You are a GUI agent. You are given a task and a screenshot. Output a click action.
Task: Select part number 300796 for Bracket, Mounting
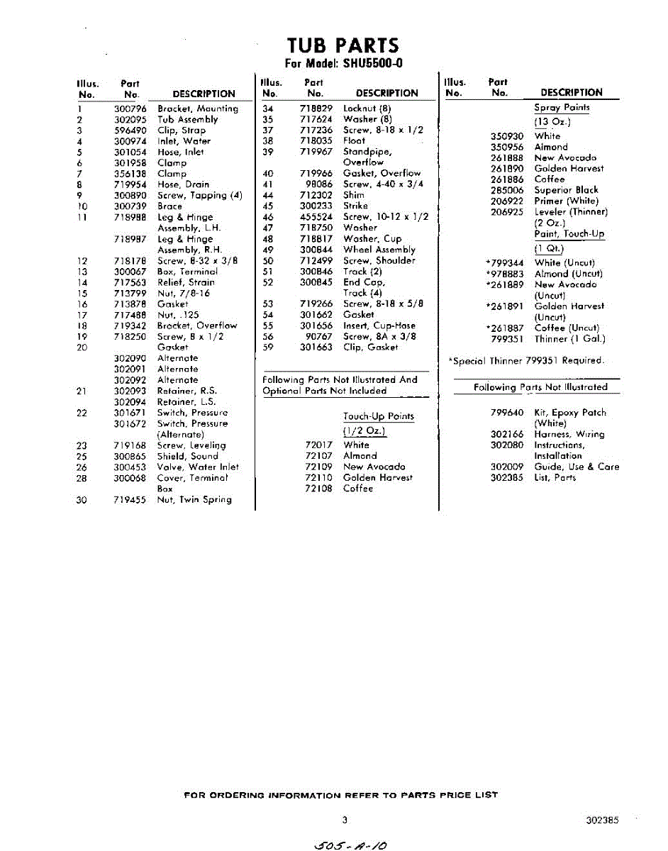point(130,109)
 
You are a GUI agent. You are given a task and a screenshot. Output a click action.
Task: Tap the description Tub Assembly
point(187,120)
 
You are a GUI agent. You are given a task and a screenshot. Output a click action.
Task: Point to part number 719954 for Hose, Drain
point(130,184)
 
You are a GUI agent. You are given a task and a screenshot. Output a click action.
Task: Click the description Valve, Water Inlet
point(198,467)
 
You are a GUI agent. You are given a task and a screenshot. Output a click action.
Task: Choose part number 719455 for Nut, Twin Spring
point(130,500)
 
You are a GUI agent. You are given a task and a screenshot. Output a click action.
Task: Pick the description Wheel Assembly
point(379,250)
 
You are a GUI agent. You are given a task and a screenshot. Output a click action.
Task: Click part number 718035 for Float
point(316,140)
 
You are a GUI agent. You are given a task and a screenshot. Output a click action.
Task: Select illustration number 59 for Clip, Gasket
point(268,347)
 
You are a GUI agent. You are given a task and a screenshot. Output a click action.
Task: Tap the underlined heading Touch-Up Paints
point(378,416)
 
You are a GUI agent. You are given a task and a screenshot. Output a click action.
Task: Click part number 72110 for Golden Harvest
point(318,478)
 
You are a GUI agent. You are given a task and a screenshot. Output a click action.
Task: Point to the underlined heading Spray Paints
point(562,108)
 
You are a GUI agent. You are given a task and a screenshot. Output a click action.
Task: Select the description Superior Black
point(566,190)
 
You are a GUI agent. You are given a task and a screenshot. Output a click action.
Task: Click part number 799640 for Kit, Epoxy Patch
point(507,413)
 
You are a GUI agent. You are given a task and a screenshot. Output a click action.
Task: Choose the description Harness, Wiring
point(569,435)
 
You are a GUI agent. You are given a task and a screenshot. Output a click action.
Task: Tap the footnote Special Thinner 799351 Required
point(526,361)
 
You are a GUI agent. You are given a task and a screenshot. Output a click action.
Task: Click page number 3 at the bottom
point(345,821)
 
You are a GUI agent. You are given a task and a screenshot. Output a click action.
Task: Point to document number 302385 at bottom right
point(602,821)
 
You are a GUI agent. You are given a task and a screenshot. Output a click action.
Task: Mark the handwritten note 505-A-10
point(353,843)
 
